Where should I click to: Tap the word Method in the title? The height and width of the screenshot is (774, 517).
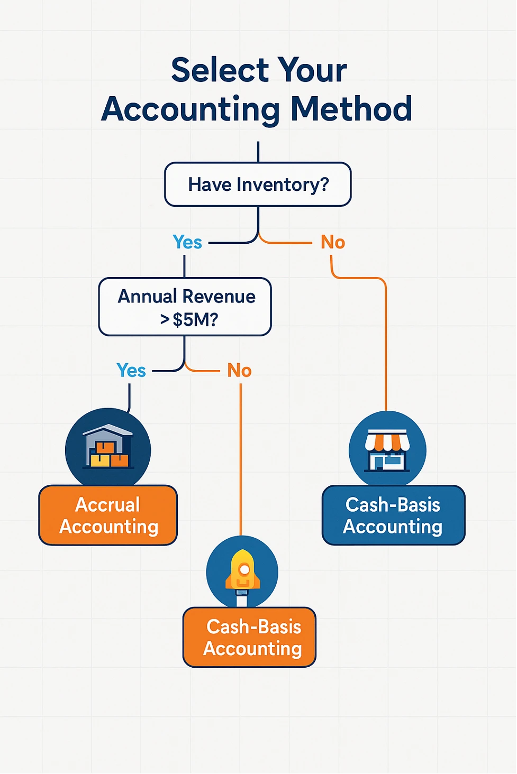pyautogui.click(x=351, y=109)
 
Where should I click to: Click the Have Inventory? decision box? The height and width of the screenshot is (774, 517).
pyautogui.click(x=258, y=185)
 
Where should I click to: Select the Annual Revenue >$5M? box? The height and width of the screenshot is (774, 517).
pyautogui.click(x=185, y=307)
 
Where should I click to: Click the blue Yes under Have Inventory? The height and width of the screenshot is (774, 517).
pyautogui.click(x=187, y=242)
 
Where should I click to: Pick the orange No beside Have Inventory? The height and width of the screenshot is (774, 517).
pyautogui.click(x=333, y=242)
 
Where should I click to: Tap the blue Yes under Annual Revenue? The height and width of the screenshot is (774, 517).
pyautogui.click(x=131, y=371)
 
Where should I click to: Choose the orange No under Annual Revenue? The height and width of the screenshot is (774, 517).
pyautogui.click(x=239, y=371)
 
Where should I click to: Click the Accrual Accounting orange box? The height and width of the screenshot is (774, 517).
pyautogui.click(x=108, y=515)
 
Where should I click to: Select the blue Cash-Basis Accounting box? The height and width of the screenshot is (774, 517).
pyautogui.click(x=393, y=515)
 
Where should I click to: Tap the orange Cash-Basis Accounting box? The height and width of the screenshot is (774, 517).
pyautogui.click(x=249, y=638)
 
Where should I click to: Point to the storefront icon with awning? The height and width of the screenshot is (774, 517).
pyautogui.click(x=387, y=450)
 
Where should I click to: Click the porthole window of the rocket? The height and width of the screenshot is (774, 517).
pyautogui.click(x=244, y=570)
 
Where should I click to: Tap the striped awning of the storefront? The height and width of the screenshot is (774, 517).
pyautogui.click(x=387, y=440)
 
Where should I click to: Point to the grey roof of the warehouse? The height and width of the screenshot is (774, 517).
pyautogui.click(x=108, y=430)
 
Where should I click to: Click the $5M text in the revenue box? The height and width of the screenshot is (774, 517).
pyautogui.click(x=194, y=320)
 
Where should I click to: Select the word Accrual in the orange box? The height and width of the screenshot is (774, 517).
pyautogui.click(x=107, y=505)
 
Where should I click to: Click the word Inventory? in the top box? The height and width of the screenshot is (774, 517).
pyautogui.click(x=283, y=185)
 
